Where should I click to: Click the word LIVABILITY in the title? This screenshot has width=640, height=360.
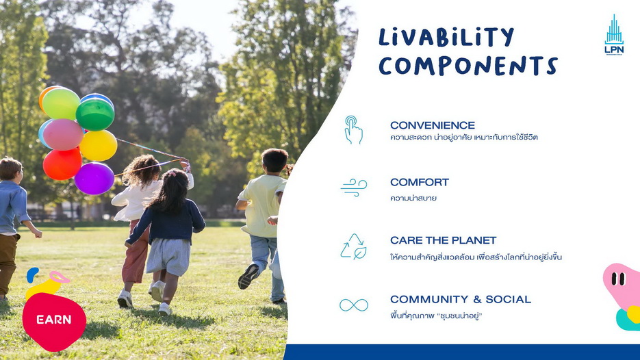click(x=446, y=37)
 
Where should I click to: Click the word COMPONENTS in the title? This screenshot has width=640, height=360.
click(x=468, y=66)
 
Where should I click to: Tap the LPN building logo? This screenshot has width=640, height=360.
click(x=614, y=35)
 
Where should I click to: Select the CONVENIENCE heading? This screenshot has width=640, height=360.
click(x=433, y=125)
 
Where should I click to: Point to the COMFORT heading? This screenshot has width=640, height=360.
click(x=420, y=182)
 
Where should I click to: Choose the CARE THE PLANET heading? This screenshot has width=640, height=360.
click(x=444, y=240)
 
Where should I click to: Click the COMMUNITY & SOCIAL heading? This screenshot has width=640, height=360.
click(x=461, y=299)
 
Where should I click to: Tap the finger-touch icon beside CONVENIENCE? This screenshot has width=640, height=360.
click(x=353, y=130)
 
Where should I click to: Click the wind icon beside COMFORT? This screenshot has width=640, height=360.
click(x=354, y=188)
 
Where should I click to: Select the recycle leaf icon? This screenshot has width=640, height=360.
click(x=353, y=246)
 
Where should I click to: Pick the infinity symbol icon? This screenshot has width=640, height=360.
click(x=354, y=305)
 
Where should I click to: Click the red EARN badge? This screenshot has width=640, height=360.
click(x=54, y=322)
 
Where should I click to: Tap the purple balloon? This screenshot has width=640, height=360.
click(x=94, y=179)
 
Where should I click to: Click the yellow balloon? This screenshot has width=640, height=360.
click(x=99, y=145)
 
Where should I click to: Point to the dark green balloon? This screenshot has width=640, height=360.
click(x=95, y=114)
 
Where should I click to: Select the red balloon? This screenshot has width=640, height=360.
click(x=62, y=164)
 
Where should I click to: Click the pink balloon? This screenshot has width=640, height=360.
click(x=63, y=134)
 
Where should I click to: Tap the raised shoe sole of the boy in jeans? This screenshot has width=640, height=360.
click(x=248, y=277)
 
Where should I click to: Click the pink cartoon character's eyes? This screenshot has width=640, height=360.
click(x=618, y=279)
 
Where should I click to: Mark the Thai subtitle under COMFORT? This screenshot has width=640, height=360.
click(x=413, y=198)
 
